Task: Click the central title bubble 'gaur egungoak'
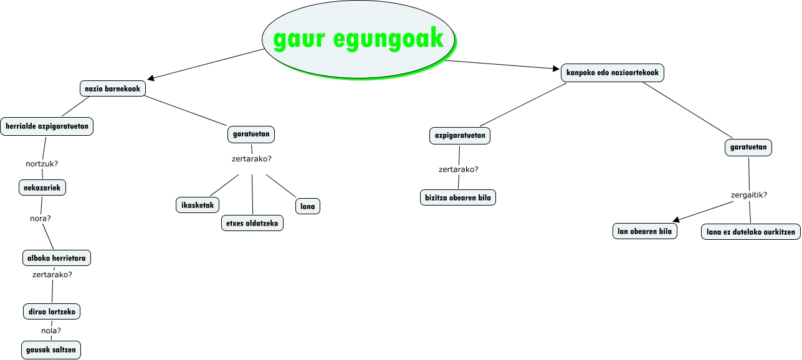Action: pos(358,39)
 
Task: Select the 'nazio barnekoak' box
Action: pos(113,89)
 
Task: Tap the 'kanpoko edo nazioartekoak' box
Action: pos(613,73)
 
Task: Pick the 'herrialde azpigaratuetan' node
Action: pos(47,126)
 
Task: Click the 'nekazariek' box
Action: pos(42,187)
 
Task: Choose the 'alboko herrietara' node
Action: pos(56,258)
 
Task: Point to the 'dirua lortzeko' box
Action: pos(51,311)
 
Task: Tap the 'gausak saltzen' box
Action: pos(51,350)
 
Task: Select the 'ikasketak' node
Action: pos(197,205)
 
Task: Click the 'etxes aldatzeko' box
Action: pos(252,223)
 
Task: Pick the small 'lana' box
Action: pos(307,206)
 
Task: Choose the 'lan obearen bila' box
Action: pos(644,232)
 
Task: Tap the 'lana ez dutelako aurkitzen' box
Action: pos(750,232)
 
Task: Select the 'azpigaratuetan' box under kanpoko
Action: pos(460,135)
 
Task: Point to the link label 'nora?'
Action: pos(41,219)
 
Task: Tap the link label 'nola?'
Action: pos(51,331)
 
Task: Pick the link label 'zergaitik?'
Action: pos(748,195)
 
